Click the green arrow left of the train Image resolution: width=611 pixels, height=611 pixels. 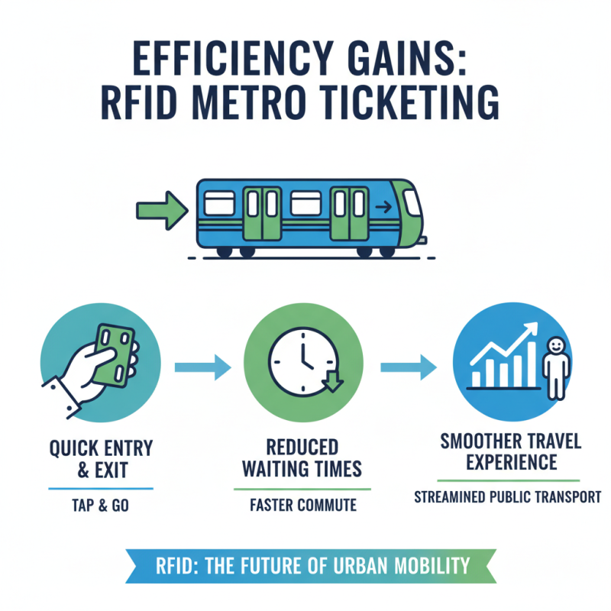click(161, 209)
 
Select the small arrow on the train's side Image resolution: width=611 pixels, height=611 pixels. click(383, 205)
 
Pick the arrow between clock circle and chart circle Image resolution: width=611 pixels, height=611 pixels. click(408, 367)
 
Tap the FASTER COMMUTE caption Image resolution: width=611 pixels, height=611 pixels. click(302, 505)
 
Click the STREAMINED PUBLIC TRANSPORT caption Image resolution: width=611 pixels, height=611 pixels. click(508, 497)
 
